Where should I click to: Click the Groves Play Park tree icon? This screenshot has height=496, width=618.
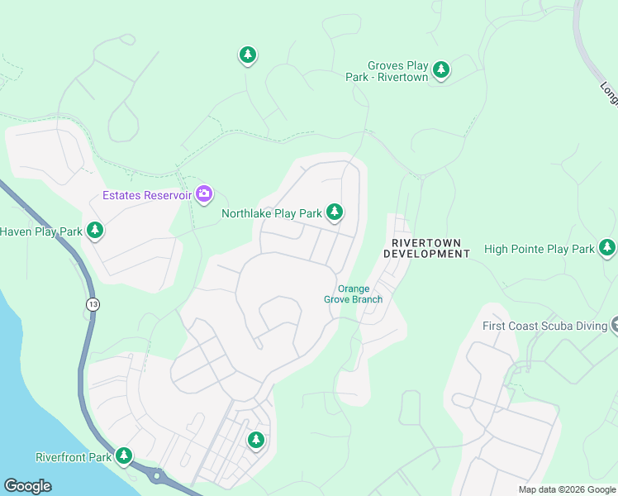(441, 70)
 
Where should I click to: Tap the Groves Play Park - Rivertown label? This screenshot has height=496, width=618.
(387, 71)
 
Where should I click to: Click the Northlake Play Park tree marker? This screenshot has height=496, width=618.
(335, 213)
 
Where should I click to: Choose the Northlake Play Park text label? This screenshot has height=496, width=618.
(271, 214)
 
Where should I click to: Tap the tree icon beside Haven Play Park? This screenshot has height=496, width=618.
(95, 231)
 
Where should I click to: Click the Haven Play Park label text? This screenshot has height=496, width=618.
(41, 231)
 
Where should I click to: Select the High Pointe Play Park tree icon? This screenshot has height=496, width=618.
(607, 248)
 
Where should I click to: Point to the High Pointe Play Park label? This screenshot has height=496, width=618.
(540, 249)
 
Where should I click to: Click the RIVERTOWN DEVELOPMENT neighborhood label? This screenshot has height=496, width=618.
(430, 248)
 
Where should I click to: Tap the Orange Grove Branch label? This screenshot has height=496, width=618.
(354, 293)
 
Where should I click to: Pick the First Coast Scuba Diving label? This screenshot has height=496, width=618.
(545, 326)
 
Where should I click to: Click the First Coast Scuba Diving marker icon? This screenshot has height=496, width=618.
(614, 325)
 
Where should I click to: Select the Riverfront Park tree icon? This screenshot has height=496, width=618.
(124, 455)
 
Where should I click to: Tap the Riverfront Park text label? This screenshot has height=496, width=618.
(74, 457)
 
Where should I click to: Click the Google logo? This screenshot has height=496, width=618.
(27, 486)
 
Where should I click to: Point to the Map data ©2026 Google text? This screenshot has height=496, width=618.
(566, 489)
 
